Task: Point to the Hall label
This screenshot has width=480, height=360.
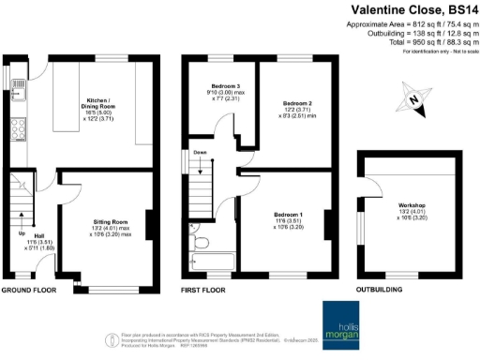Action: tap(39, 235)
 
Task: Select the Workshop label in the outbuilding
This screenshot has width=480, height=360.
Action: tap(412, 204)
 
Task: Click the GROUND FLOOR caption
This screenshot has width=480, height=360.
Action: tap(28, 291)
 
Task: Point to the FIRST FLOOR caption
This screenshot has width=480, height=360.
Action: tap(203, 291)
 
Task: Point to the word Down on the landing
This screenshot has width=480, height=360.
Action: tap(200, 151)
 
